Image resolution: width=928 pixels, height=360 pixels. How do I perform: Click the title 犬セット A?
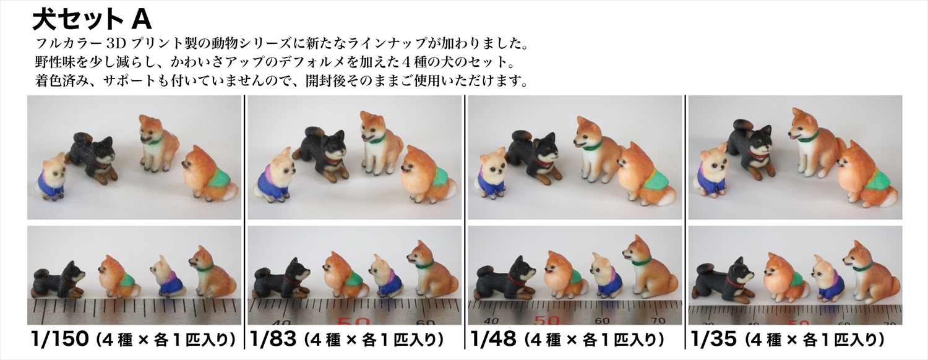click(x=92, y=19)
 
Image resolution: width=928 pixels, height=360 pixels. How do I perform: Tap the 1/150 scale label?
click(x=59, y=340)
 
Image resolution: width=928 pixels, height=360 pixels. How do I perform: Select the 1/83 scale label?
click(x=273, y=340)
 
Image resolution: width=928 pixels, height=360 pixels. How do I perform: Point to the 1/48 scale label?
click(x=494, y=340)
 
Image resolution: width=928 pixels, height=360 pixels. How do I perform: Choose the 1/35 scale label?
click(x=713, y=340)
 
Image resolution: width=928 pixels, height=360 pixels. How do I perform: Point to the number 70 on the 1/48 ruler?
click(x=657, y=320)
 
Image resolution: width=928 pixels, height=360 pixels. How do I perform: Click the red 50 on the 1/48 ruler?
click(x=548, y=320)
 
